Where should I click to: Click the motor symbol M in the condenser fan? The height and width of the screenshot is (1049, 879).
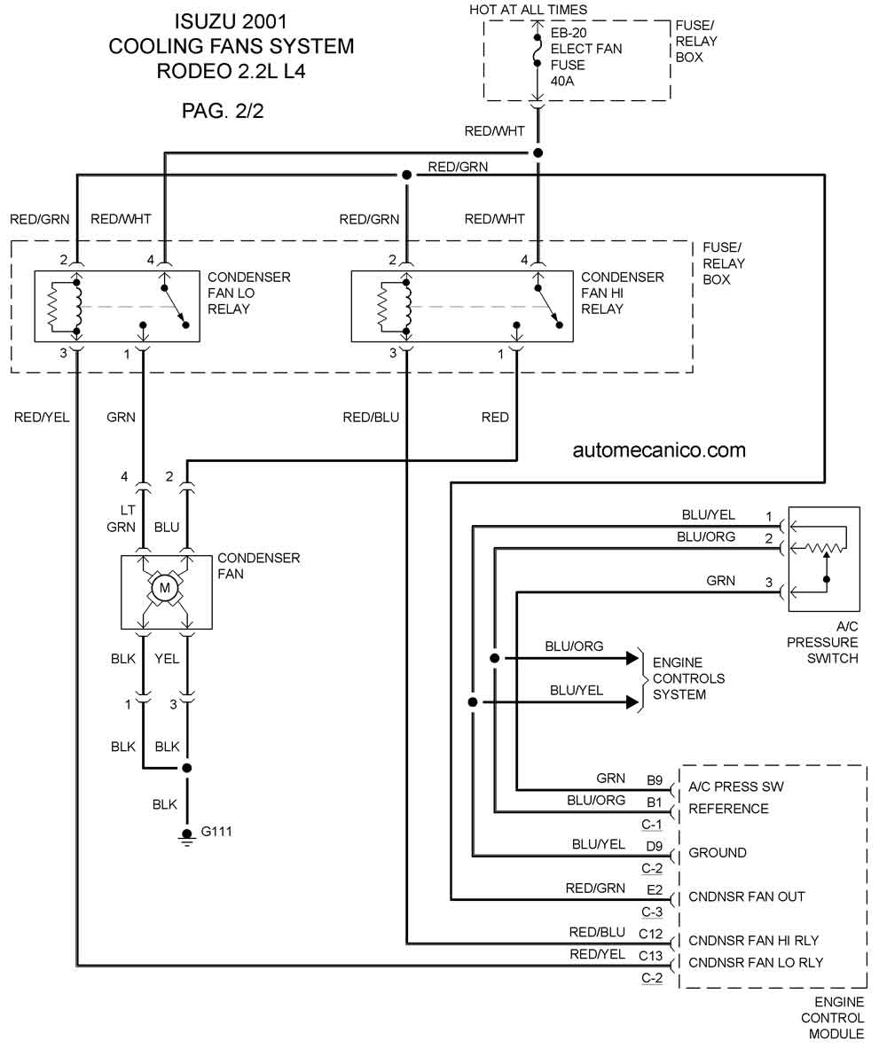coord(164,589)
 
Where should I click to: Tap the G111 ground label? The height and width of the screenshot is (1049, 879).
coord(216,832)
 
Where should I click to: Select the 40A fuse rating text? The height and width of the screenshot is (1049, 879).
coord(562,81)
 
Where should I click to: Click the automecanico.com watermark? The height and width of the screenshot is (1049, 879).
coord(659,450)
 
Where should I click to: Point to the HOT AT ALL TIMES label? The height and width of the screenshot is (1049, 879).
coord(528,10)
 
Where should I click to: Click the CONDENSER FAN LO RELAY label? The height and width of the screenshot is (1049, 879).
coord(249,293)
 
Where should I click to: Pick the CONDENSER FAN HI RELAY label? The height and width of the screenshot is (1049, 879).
coord(622,293)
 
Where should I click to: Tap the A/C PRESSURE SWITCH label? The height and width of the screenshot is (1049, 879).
coord(822,642)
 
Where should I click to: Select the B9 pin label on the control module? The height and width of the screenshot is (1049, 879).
coord(655,780)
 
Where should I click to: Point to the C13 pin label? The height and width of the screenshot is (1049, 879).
coord(650,956)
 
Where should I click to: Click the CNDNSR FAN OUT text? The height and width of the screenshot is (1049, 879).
coord(747,896)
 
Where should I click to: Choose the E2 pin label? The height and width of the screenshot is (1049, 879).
coord(655,889)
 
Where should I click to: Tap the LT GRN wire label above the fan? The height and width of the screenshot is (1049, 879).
coord(122,519)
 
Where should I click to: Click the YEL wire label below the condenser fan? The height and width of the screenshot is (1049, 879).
coord(167,659)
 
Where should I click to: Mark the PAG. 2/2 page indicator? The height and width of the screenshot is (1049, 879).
coord(223,110)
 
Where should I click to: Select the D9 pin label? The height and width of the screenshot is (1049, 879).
coord(655,846)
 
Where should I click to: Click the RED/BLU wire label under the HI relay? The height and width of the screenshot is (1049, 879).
coord(371,418)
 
